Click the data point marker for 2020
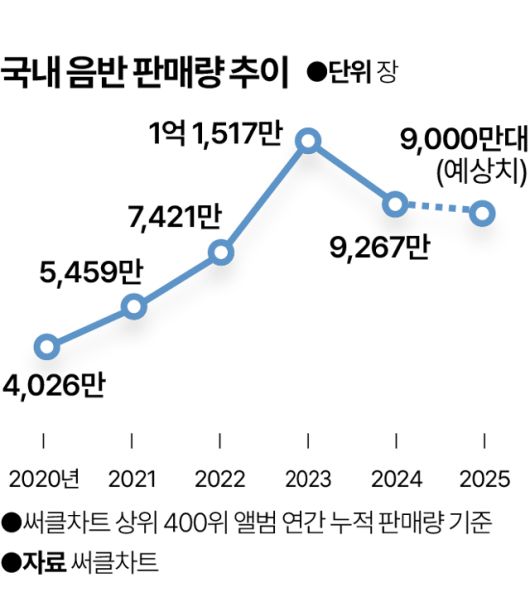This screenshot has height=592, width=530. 45,347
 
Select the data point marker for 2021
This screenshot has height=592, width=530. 133,306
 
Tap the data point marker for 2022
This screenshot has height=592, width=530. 221,253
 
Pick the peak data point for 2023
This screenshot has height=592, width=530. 309,141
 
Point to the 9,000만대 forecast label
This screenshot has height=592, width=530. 462,140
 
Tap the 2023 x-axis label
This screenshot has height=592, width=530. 309,477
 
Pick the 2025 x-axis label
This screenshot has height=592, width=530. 485,477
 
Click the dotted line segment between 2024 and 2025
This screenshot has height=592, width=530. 441,209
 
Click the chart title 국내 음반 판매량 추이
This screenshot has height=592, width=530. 143,73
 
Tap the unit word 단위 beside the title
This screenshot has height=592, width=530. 350,74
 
